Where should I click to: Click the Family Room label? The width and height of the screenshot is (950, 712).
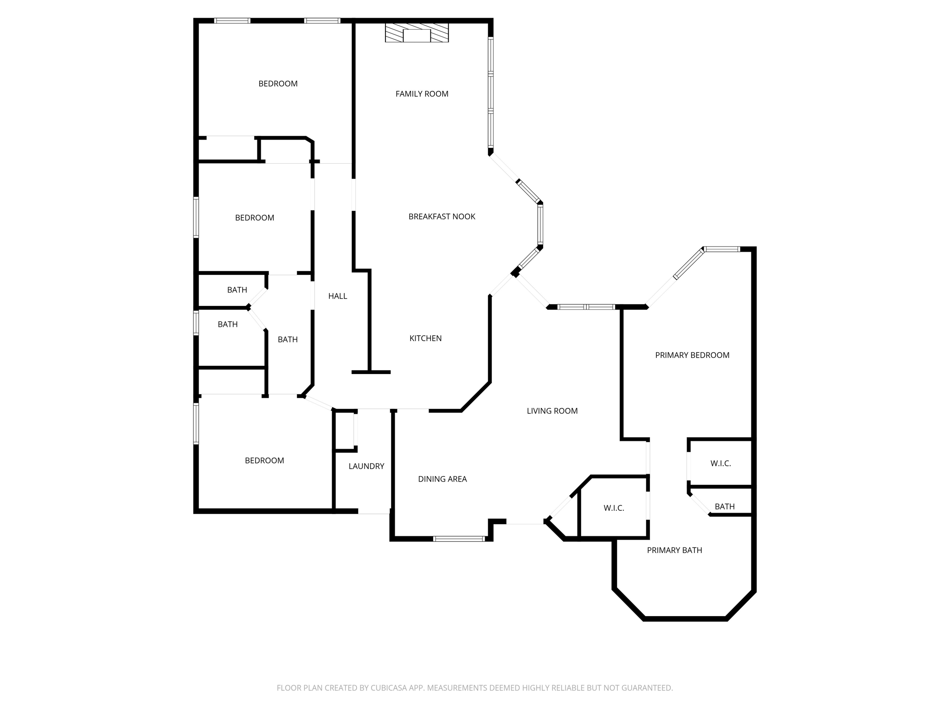(x=422, y=94)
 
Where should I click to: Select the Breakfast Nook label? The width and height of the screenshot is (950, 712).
(x=442, y=216)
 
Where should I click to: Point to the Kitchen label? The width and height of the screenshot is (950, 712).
(x=425, y=338)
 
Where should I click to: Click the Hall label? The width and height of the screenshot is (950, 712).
(x=338, y=296)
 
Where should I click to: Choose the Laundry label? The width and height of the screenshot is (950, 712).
(x=366, y=466)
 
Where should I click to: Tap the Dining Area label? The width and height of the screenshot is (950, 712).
(x=442, y=479)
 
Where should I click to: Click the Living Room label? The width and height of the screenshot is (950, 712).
(x=552, y=411)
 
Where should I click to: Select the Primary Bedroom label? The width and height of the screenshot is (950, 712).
(x=692, y=356)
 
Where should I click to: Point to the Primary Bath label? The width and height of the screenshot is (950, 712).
(x=674, y=551)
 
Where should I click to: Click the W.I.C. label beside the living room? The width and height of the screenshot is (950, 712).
(x=614, y=509)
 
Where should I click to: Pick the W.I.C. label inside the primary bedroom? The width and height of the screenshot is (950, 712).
(x=720, y=464)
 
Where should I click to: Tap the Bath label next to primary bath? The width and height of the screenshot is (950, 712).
(x=725, y=507)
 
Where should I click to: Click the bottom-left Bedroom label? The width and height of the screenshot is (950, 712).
(x=264, y=461)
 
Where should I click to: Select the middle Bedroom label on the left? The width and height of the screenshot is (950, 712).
(x=255, y=218)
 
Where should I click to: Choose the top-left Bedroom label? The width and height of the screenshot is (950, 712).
(x=278, y=84)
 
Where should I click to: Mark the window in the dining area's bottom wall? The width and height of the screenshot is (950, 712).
(x=459, y=539)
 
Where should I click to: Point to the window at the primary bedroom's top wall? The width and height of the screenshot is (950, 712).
(x=722, y=249)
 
